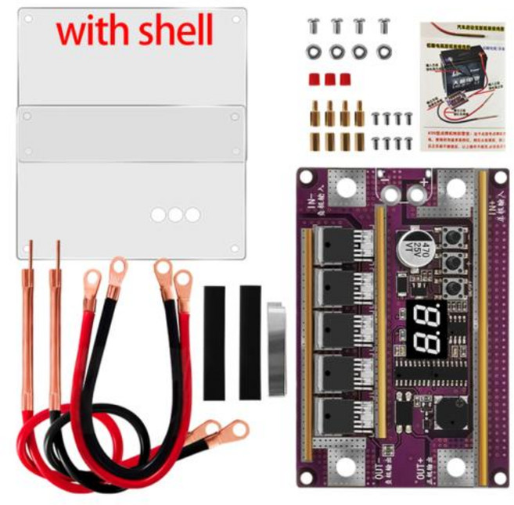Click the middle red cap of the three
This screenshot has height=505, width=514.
point(329,79)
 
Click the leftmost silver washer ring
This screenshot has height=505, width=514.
point(313,53)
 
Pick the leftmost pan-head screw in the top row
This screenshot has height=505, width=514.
point(313,26)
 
